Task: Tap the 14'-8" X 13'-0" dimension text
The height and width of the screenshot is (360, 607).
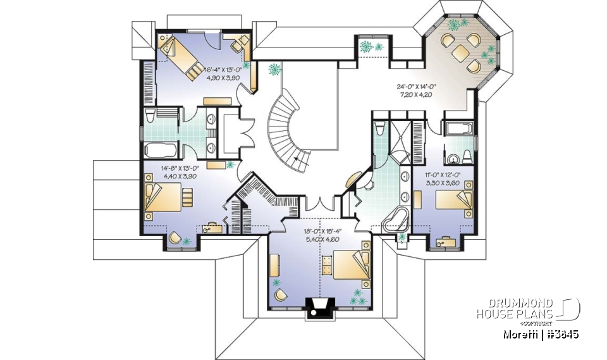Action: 163,172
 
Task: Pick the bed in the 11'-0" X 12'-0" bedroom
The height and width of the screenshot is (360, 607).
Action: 457,199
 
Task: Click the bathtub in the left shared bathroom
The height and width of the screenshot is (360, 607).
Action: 161,150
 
